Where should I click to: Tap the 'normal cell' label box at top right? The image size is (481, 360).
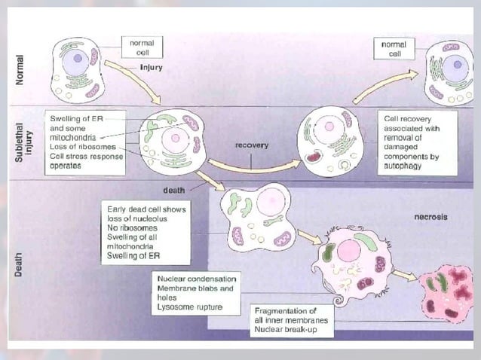point(395,49)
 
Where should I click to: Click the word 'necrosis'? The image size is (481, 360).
point(430,217)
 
